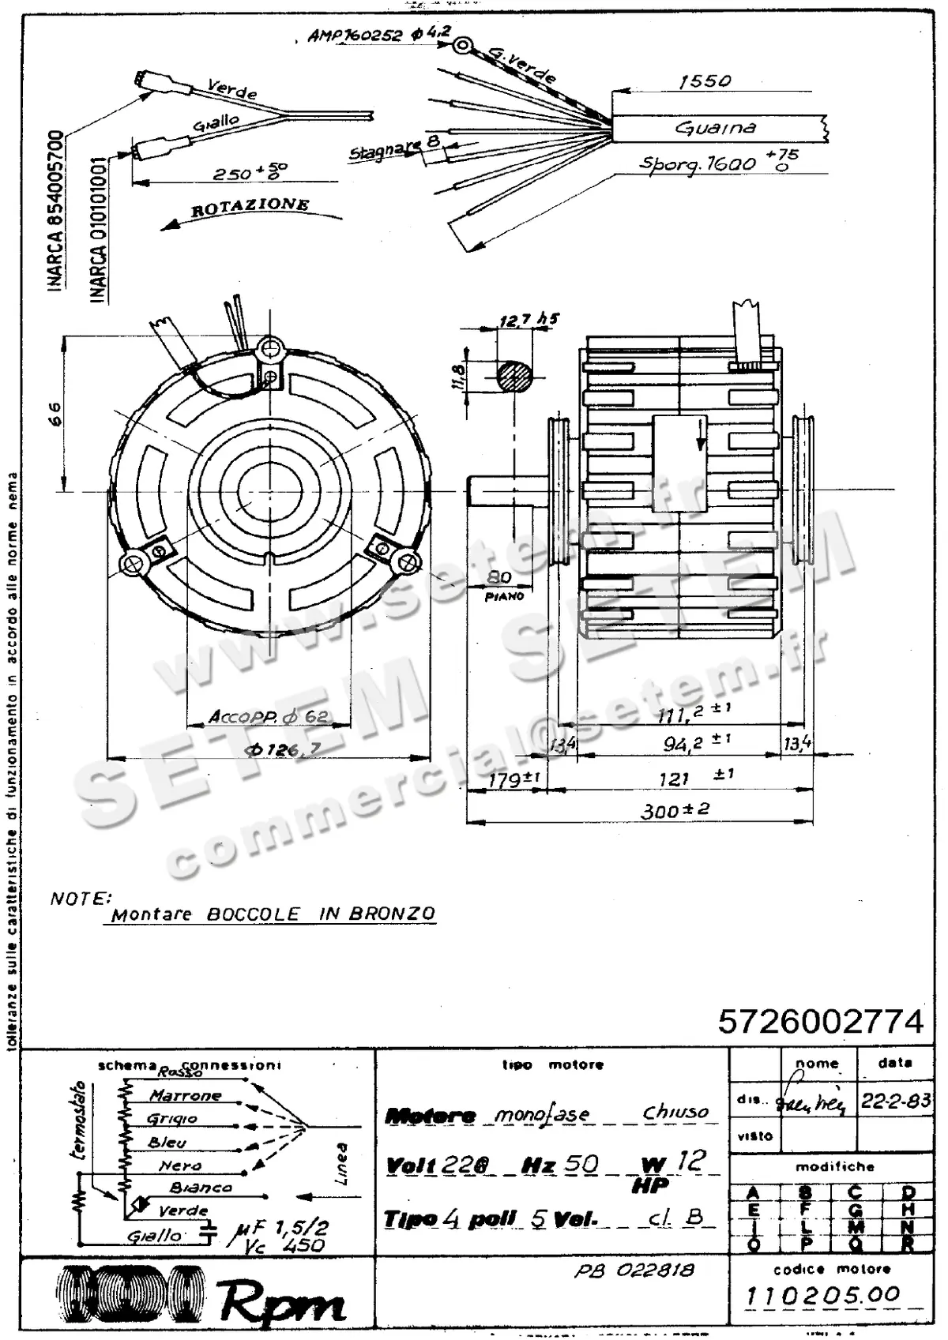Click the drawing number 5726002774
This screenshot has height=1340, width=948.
[x=820, y=1021]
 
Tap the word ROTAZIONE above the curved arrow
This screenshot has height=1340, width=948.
[x=250, y=207]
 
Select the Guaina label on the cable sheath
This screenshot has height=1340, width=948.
[x=716, y=127]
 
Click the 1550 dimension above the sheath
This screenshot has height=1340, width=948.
[x=705, y=81]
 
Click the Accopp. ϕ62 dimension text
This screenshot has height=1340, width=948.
[x=269, y=717]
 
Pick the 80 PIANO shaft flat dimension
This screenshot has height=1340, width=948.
[x=501, y=585]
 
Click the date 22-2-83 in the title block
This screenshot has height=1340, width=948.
[x=895, y=1101]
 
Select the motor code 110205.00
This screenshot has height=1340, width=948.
[x=822, y=1295]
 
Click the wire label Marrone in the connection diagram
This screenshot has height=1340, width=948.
[x=186, y=1095]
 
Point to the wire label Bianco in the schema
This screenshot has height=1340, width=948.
[x=201, y=1187]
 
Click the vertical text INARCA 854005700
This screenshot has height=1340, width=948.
[x=55, y=211]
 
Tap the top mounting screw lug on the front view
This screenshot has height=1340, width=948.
[x=270, y=347]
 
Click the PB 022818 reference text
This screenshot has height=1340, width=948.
[x=634, y=1270]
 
